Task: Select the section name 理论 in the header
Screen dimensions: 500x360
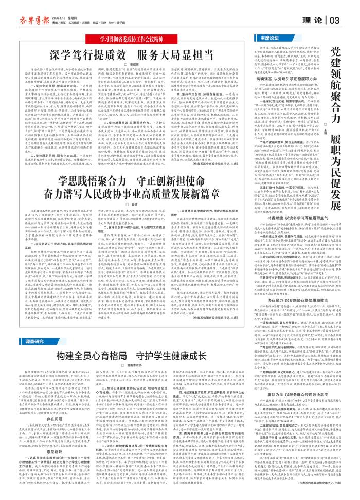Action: click(315, 20)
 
